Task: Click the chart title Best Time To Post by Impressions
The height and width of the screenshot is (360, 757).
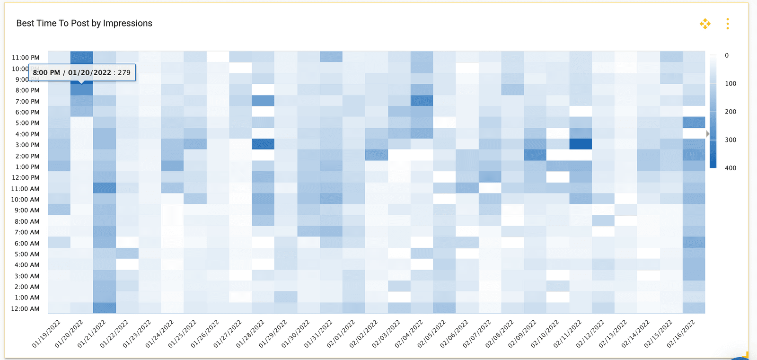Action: pos(84,23)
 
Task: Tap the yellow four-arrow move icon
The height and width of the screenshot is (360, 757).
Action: pos(705,24)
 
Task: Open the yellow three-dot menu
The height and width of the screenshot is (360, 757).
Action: pos(728,24)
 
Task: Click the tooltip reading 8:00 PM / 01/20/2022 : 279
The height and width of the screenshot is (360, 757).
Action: pos(82,72)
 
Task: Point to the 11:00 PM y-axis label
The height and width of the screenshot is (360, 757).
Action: pos(26,58)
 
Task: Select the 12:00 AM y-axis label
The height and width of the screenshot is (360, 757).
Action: pos(26,309)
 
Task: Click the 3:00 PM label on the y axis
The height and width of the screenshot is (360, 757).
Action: pos(27,145)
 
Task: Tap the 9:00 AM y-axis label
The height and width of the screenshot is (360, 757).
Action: pos(27,210)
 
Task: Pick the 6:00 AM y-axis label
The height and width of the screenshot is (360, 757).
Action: pos(27,243)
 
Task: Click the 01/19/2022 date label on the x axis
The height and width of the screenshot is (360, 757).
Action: pos(47,334)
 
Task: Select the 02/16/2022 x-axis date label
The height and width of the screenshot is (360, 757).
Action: pos(681,334)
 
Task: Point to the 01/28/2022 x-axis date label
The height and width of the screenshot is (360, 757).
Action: pos(251,334)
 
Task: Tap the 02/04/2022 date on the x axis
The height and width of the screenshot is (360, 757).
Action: pos(409,334)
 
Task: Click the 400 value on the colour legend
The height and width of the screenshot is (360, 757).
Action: pos(731,168)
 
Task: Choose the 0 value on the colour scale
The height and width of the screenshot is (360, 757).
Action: pos(727,55)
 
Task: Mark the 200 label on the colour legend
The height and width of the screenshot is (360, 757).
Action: pos(731,112)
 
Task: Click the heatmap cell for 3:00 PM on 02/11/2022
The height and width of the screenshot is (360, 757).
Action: pos(581,144)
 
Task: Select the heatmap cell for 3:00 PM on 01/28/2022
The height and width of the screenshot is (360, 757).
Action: pos(263,144)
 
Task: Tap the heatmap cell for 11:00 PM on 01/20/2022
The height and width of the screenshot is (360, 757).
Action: pos(82,57)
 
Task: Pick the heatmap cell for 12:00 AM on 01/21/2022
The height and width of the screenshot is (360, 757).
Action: pos(105,307)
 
